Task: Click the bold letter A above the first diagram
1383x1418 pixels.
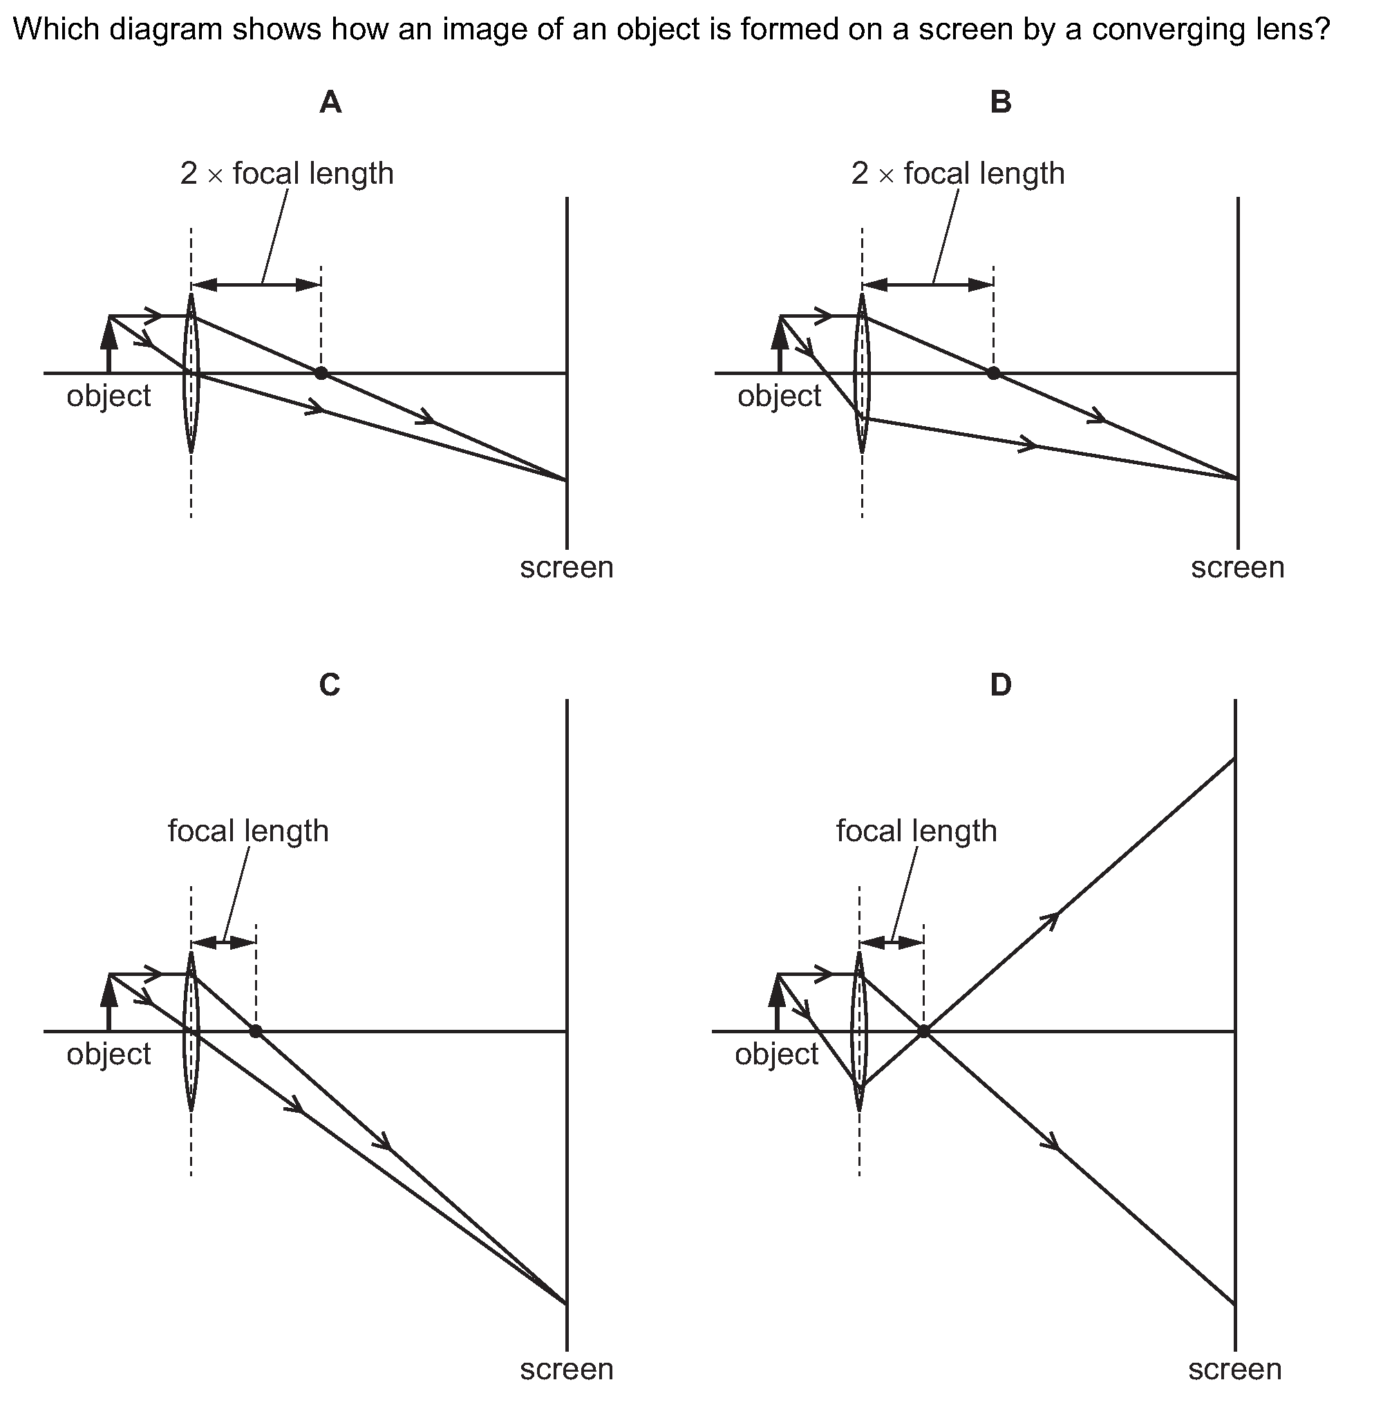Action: coord(330,103)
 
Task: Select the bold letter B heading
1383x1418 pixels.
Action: coord(1000,103)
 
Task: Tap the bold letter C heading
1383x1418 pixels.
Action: coord(330,684)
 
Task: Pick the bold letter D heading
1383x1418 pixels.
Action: coord(1000,684)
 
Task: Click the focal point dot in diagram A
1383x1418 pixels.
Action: coord(321,373)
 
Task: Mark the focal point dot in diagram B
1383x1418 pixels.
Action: coord(993,373)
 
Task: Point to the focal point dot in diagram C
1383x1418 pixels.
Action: coord(256,1031)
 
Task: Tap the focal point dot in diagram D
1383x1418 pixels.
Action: coord(923,1031)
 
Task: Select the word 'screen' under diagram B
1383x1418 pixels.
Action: coord(1237,568)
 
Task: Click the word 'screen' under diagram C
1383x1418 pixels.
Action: coord(567,1370)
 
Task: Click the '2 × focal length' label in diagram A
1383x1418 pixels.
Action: coord(287,174)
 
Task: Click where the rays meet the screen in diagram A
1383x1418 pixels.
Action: coord(567,480)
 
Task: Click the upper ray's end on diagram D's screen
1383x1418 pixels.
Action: coord(1235,758)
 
